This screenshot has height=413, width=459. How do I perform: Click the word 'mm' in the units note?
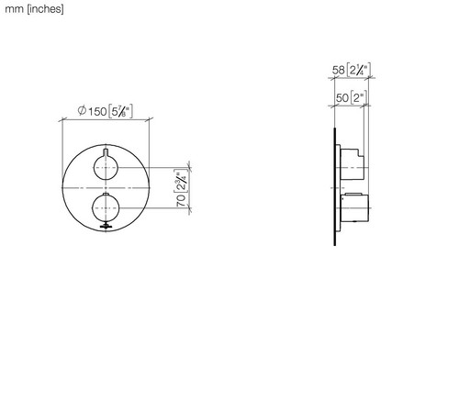(14, 9)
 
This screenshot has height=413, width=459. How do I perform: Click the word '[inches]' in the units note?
(46, 9)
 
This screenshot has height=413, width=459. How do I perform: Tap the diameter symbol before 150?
(82, 110)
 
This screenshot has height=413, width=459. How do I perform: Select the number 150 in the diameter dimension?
(97, 111)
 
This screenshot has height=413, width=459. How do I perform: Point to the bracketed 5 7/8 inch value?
(120, 111)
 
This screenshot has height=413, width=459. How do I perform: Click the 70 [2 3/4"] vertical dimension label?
(181, 188)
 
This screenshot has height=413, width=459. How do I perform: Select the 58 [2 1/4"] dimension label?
(352, 70)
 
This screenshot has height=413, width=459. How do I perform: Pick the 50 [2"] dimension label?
(351, 98)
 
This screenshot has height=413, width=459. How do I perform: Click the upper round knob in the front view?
(106, 168)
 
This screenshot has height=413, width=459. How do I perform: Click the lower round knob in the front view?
(106, 208)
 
